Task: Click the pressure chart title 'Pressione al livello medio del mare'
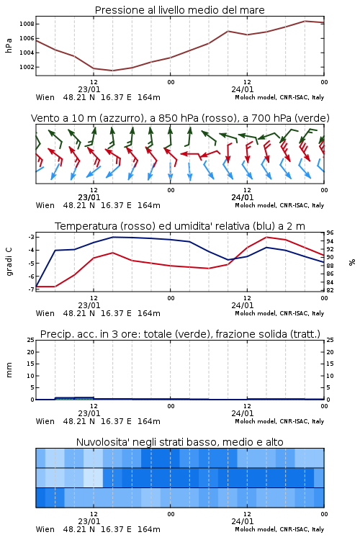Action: (179, 10)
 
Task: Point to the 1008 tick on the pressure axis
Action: (27, 24)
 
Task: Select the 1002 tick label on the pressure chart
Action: (27, 67)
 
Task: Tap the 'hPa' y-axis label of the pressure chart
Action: (9, 45)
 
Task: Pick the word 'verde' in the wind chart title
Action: (312, 118)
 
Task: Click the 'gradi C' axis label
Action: (9, 262)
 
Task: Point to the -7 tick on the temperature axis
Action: (31, 289)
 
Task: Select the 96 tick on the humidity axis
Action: (330, 233)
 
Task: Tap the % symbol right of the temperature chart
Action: (352, 262)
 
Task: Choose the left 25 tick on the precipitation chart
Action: (31, 341)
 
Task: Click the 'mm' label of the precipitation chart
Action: (9, 370)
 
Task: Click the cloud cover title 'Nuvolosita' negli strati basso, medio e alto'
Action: (179, 442)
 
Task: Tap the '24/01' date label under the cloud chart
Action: (242, 521)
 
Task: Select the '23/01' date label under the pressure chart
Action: (89, 89)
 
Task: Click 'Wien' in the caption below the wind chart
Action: (45, 205)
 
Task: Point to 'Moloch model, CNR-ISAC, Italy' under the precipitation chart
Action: (279, 421)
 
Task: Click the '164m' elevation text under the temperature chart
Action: (149, 313)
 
